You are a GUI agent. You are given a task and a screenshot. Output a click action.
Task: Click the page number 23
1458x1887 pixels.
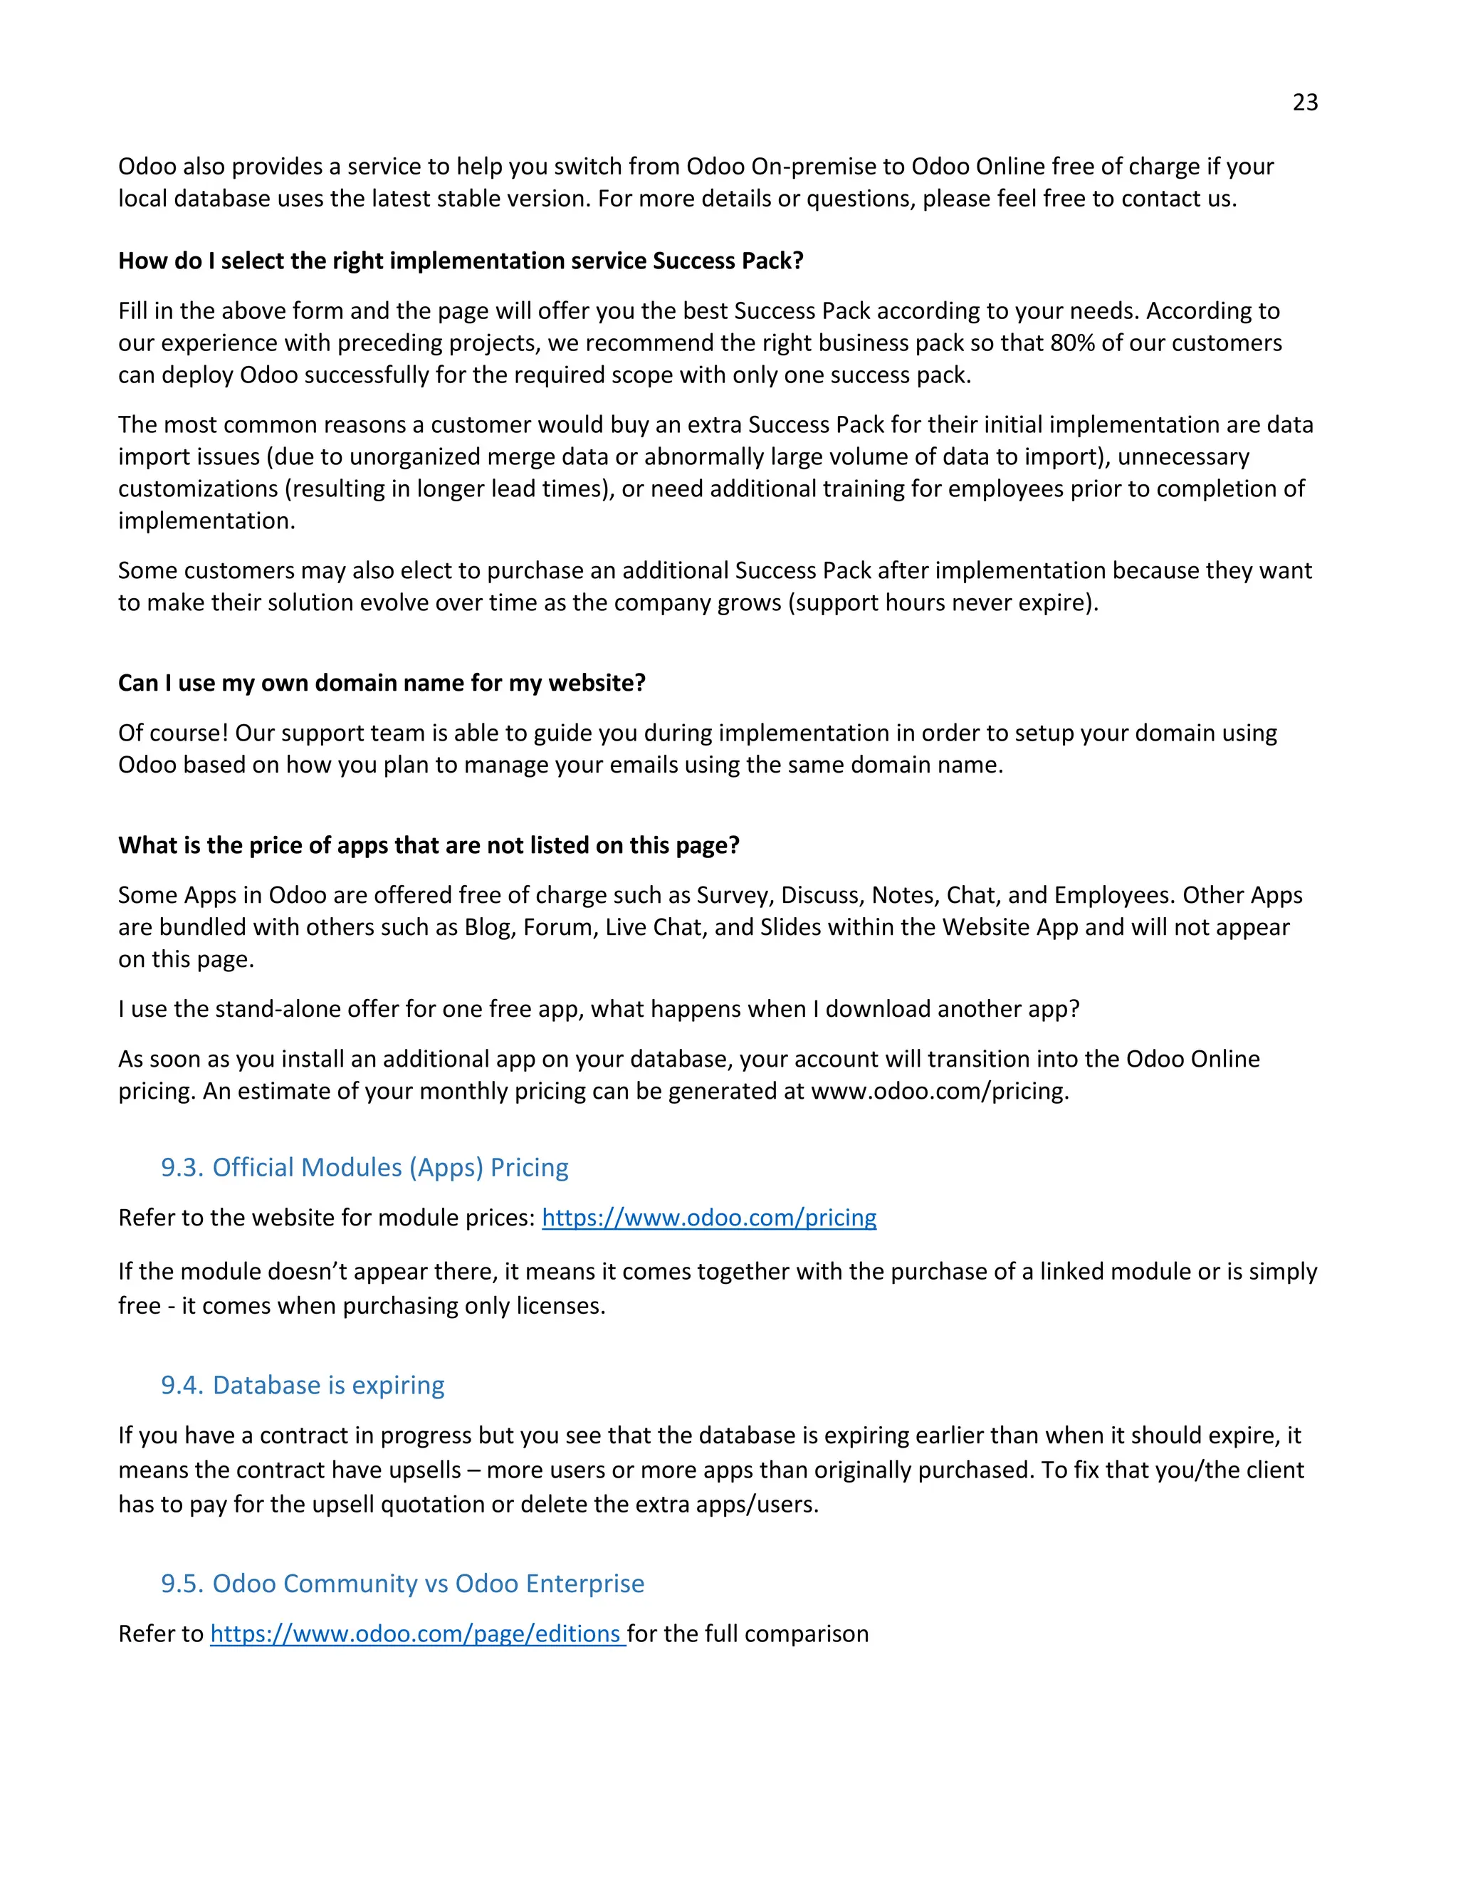1304,103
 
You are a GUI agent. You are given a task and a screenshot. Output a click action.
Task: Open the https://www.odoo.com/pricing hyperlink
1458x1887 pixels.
708,1218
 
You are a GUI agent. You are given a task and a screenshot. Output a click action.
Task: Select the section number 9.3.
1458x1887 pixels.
182,1167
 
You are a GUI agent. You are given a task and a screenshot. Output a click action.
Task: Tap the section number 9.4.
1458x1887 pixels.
182,1385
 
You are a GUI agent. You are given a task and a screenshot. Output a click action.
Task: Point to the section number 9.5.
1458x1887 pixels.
182,1584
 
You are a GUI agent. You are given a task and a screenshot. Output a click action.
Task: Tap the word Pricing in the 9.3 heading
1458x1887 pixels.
529,1167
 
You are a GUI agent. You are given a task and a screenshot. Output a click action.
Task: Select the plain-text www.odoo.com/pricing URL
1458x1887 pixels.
939,1091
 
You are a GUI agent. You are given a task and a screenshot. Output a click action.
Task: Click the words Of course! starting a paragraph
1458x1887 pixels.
173,733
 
